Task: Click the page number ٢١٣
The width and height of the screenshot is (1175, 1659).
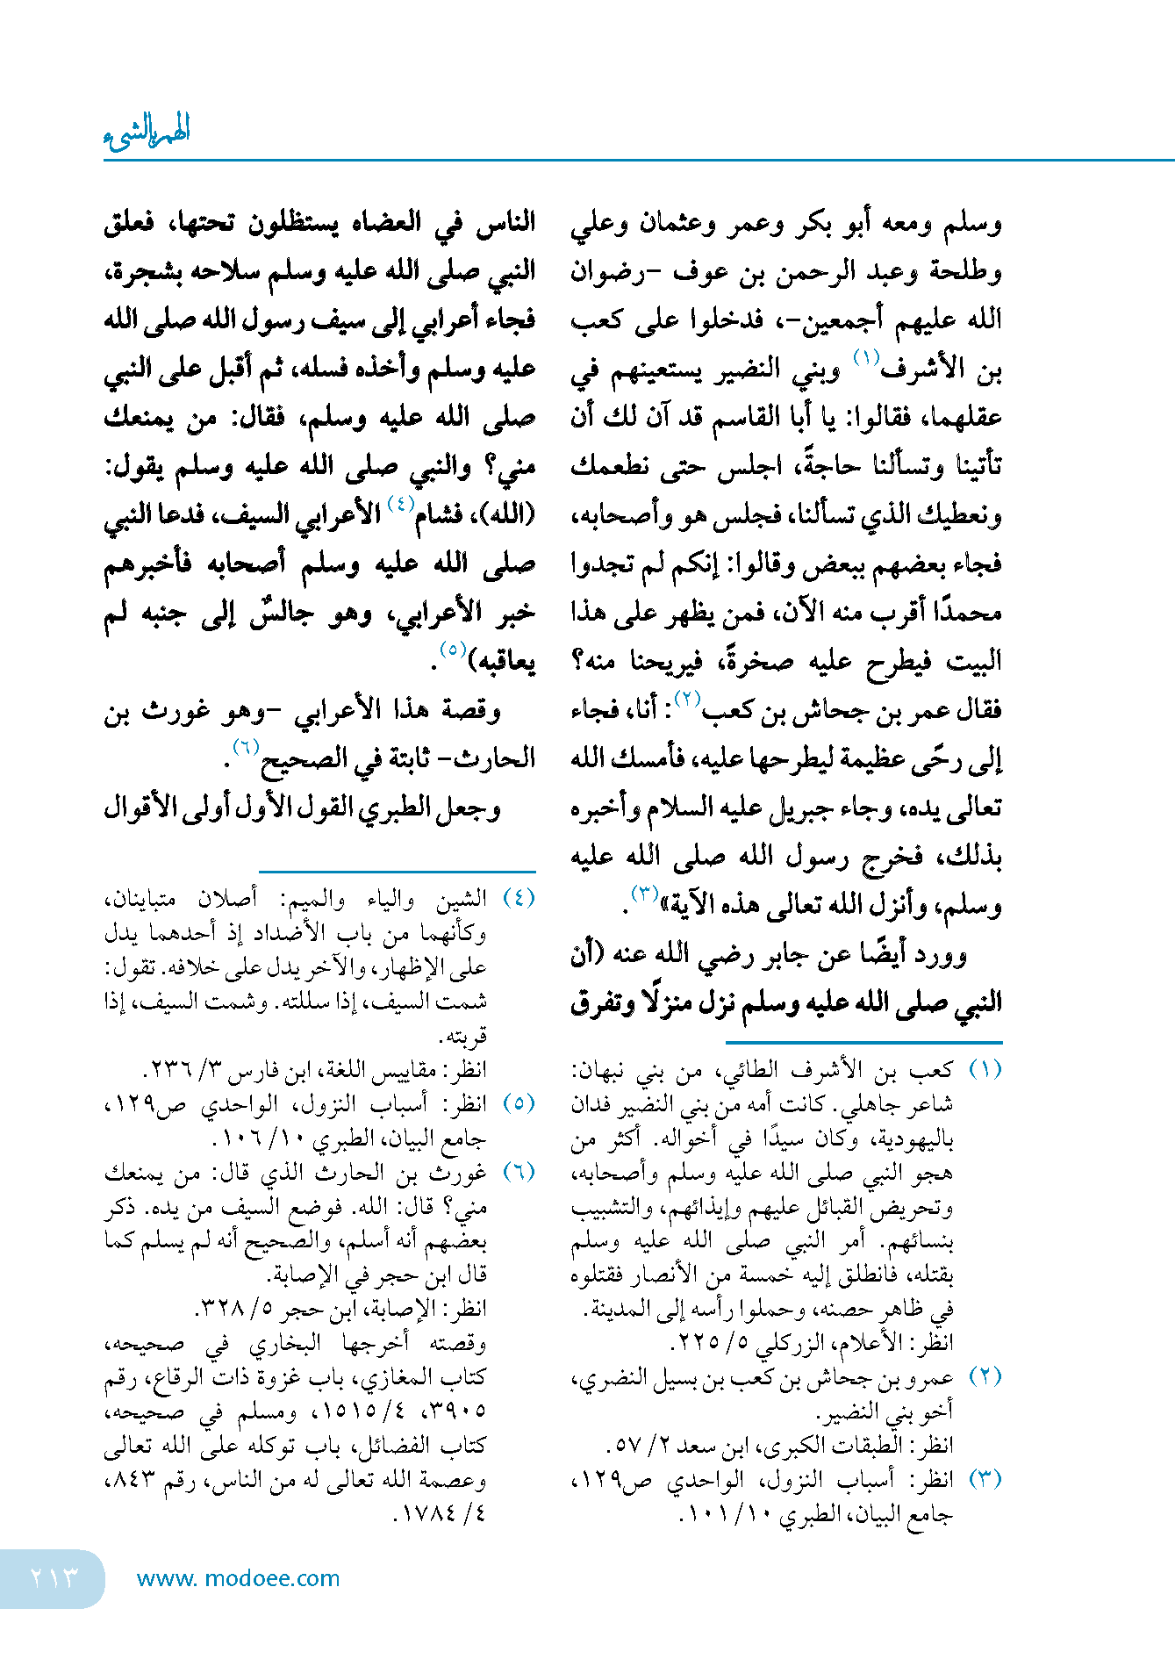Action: pyautogui.click(x=54, y=1577)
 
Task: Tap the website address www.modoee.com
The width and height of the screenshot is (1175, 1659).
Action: pyautogui.click(x=238, y=1578)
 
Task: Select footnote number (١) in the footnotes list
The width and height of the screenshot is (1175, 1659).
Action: pyautogui.click(x=985, y=1070)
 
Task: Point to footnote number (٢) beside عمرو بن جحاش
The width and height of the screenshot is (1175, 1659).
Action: pyautogui.click(x=985, y=1376)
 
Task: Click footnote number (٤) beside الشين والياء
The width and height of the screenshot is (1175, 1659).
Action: pyautogui.click(x=519, y=899)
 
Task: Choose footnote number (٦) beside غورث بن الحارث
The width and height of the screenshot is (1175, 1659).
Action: pyautogui.click(x=519, y=1173)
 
